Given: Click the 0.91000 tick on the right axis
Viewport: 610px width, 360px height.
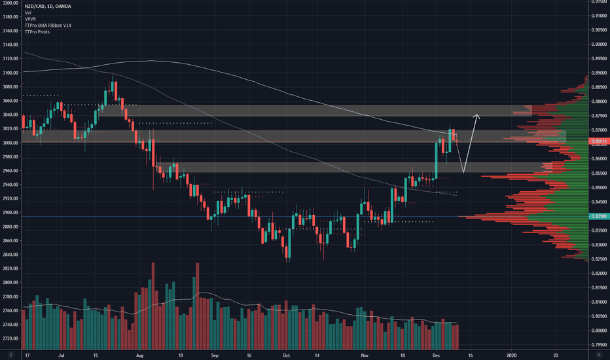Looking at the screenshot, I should click(597, 16).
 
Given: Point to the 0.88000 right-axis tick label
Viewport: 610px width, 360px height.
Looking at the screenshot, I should click(597, 101).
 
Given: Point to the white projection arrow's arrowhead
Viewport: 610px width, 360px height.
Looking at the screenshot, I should click(478, 117).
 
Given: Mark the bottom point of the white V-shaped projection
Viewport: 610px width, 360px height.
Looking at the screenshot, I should click(463, 173).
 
